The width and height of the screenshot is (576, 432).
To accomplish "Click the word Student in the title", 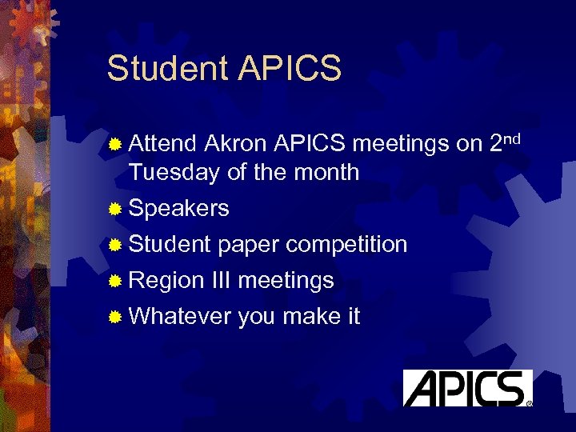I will pos(167,69).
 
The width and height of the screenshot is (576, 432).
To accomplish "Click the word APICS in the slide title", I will pos(289,69).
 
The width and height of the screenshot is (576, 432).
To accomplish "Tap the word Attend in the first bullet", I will pos(162,144).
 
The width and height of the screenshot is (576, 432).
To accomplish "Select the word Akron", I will pos(236,144).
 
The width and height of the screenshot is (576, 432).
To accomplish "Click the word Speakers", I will pos(178,209).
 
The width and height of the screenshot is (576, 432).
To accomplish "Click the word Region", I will pos(166,280).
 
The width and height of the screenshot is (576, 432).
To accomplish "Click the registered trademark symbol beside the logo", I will pos(530,403).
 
